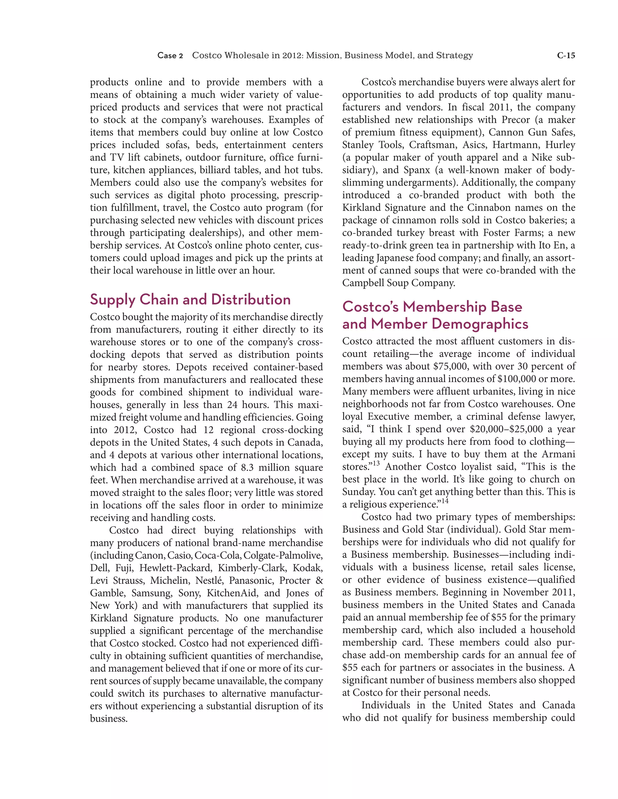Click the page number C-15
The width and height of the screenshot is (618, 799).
coord(566,55)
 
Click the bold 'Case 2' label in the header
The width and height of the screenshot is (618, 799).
coord(170,55)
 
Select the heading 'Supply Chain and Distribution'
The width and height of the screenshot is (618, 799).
coord(190,300)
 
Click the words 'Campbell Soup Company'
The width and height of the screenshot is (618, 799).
coord(399,283)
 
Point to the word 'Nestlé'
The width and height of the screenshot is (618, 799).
coord(209,581)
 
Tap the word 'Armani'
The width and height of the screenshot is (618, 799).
coord(558,454)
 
